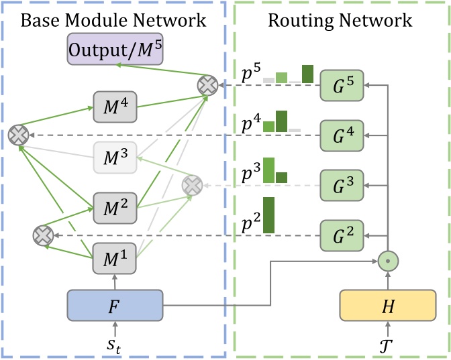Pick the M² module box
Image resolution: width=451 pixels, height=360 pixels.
[114, 205]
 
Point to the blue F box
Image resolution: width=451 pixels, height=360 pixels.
[115, 306]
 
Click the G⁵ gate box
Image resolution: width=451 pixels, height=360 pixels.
[341, 85]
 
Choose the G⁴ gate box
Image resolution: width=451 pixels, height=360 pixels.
[341, 135]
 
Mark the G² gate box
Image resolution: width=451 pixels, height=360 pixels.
[341, 235]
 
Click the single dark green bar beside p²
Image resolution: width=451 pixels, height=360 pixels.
[269, 215]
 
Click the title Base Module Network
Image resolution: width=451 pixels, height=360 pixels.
[113, 20]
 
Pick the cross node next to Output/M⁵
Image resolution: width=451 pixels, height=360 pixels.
[206, 85]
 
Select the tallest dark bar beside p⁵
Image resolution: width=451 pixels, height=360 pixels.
[308, 74]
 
